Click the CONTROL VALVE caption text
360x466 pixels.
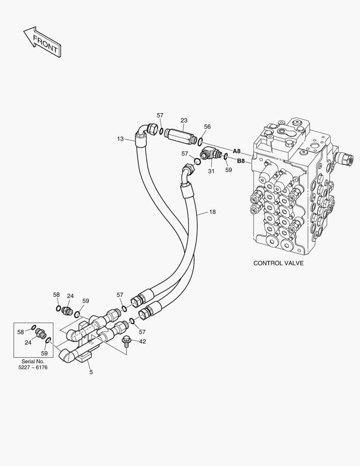(278, 263)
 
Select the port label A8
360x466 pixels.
(237, 151)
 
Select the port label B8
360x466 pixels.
(241, 161)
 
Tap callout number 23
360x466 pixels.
(184, 120)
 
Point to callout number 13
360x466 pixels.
(120, 139)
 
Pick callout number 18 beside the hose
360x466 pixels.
(213, 212)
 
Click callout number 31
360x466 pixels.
(211, 171)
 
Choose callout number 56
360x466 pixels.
(207, 126)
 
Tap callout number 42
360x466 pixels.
(142, 341)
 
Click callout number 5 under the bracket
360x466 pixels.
(91, 372)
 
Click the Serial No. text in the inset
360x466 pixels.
(33, 361)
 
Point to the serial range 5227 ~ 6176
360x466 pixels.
(33, 367)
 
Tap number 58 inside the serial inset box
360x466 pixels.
(21, 331)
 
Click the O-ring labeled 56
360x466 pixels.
(200, 141)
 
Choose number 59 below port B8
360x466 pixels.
(229, 170)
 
